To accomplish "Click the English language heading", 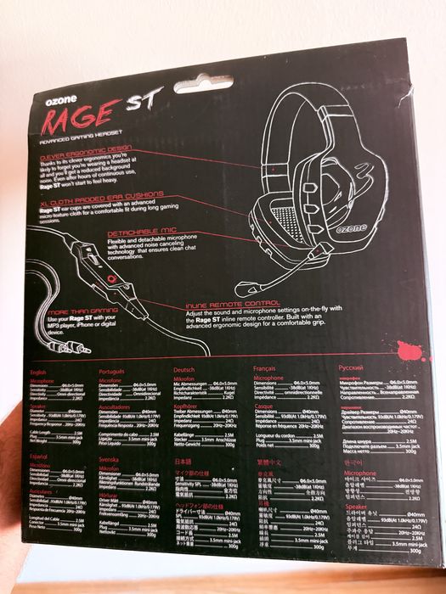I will click(38, 372).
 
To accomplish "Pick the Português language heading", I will click(113, 372).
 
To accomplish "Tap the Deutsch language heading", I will click(186, 371).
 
